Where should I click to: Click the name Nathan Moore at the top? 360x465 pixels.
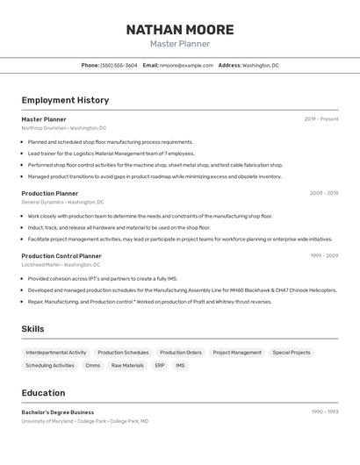pos(179,29)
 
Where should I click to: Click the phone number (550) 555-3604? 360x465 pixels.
pos(119,65)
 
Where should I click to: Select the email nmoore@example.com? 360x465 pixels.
pos(186,65)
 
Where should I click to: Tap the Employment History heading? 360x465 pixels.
pos(65,100)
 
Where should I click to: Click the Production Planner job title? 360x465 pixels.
pos(50,193)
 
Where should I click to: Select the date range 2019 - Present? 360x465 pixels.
pos(321,119)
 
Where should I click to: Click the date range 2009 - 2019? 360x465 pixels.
pos(324,193)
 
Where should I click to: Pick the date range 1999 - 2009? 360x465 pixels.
pos(324,255)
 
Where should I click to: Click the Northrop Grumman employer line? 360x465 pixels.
pos(63,128)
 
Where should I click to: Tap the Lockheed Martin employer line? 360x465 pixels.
pos(61,264)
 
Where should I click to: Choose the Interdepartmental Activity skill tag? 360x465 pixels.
pos(56,353)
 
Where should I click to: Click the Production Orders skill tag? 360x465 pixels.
pos(181,353)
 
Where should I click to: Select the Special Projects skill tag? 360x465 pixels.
pos(292,353)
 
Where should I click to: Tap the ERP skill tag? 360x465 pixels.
pos(160,366)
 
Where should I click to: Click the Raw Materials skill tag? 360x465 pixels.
pos(127,366)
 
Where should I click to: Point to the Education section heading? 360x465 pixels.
pos(43,393)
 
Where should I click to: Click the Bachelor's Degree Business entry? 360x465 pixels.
pos(58,412)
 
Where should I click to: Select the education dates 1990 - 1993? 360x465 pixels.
pos(325,412)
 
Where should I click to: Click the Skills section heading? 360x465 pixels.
pos(33,329)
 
